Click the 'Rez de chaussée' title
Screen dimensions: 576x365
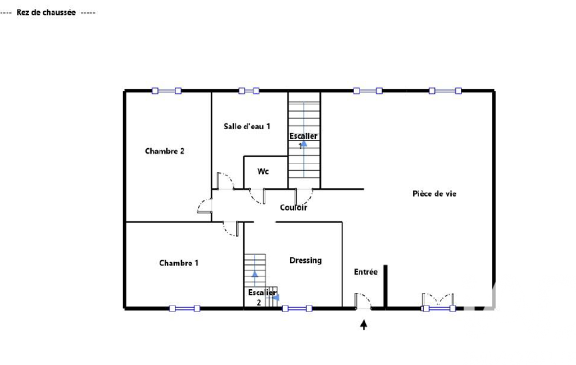click(x=46, y=12)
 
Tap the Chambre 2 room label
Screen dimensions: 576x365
click(x=165, y=151)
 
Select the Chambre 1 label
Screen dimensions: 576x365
click(x=179, y=263)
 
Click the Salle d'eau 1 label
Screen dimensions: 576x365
click(x=247, y=126)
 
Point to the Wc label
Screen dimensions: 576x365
click(x=263, y=171)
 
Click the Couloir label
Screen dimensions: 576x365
click(x=293, y=207)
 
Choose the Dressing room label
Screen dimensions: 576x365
click(x=306, y=261)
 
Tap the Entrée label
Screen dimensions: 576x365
click(x=366, y=272)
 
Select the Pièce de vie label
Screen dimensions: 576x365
click(x=434, y=194)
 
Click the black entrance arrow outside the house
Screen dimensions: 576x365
click(x=364, y=325)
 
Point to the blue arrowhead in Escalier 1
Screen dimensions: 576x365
click(x=304, y=143)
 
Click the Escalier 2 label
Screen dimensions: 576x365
click(x=262, y=297)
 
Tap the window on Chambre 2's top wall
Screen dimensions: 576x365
click(x=166, y=91)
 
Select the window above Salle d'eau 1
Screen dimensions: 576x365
click(x=249, y=91)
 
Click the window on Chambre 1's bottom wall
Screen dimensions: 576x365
click(x=184, y=308)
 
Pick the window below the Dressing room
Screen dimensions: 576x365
click(x=297, y=308)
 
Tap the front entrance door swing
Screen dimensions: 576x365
click(x=363, y=301)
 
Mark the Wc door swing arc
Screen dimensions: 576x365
click(x=257, y=197)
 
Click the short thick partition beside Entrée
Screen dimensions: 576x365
click(x=385, y=286)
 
